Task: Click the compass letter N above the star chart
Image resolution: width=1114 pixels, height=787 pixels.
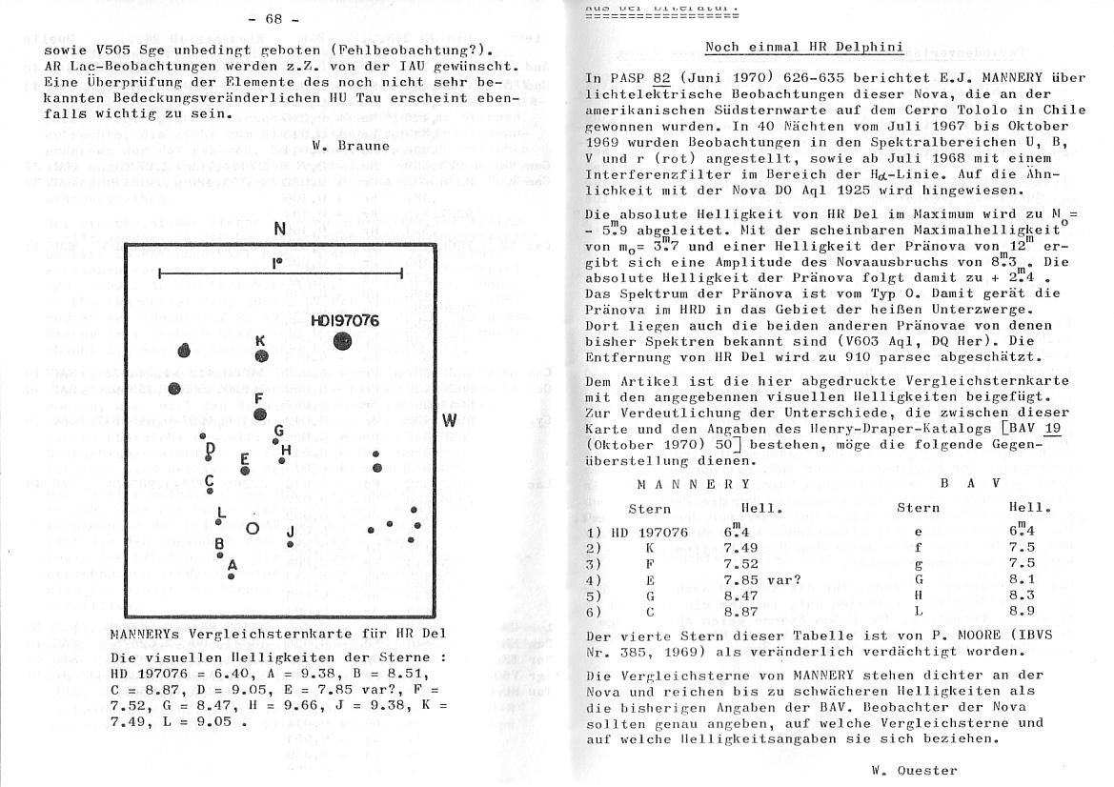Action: point(279,229)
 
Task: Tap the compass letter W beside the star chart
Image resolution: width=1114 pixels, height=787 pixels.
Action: point(450,420)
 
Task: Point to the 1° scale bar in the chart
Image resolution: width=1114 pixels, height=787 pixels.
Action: point(280,273)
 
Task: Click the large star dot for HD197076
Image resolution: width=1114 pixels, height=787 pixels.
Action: point(342,342)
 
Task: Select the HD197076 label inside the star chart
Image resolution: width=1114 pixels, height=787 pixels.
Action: point(345,321)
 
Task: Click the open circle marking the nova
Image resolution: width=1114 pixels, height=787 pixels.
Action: point(253,528)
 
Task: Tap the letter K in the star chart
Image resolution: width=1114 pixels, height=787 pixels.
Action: point(260,340)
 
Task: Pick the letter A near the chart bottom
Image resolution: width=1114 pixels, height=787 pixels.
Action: point(232,564)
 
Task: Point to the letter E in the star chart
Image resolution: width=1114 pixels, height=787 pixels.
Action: point(245,458)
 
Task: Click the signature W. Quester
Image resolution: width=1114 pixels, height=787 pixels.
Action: point(914,770)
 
